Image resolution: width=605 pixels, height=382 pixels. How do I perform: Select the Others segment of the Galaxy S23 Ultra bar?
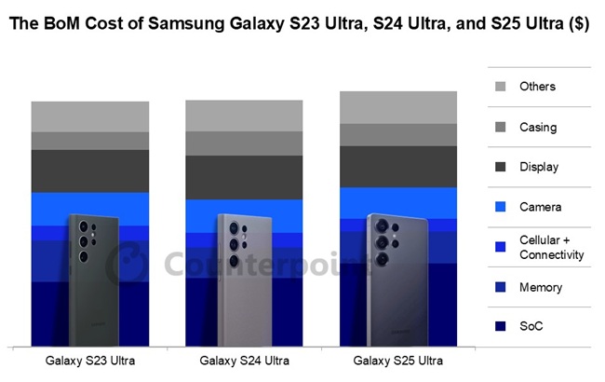point(90,116)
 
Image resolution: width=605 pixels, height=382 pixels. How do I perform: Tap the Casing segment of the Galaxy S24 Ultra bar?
point(244,143)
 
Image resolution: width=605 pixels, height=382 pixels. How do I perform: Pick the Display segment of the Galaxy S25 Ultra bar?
point(398,166)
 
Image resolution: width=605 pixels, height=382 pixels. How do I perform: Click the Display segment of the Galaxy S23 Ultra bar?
point(90,171)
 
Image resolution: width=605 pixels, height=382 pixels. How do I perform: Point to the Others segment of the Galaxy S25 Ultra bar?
point(398,107)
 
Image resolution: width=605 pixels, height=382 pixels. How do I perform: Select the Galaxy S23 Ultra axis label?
point(90,360)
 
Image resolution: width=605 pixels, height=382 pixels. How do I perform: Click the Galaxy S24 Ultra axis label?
point(244,360)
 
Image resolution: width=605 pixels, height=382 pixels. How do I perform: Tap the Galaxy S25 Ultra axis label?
point(398,360)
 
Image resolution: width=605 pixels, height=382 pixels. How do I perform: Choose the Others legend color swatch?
point(501,87)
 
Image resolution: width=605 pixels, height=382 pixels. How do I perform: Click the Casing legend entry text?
point(538,127)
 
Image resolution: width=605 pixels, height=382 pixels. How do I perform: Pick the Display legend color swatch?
point(501,167)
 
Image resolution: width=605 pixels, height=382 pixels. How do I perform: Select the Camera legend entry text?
point(541,207)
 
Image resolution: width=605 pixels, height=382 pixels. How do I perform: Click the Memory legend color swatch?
point(501,287)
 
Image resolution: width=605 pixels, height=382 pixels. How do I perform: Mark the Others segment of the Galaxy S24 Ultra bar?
point(244,115)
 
